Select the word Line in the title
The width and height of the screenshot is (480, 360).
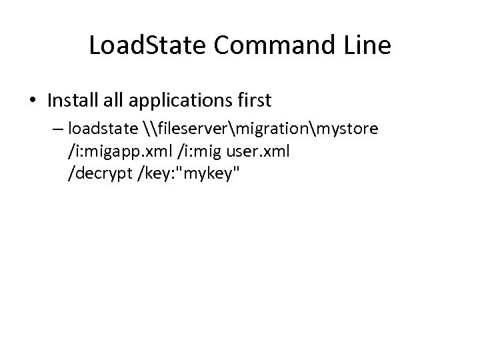367,47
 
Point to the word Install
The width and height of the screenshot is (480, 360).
71,101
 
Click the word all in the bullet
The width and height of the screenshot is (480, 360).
110,101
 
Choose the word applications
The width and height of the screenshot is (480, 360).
175,101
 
